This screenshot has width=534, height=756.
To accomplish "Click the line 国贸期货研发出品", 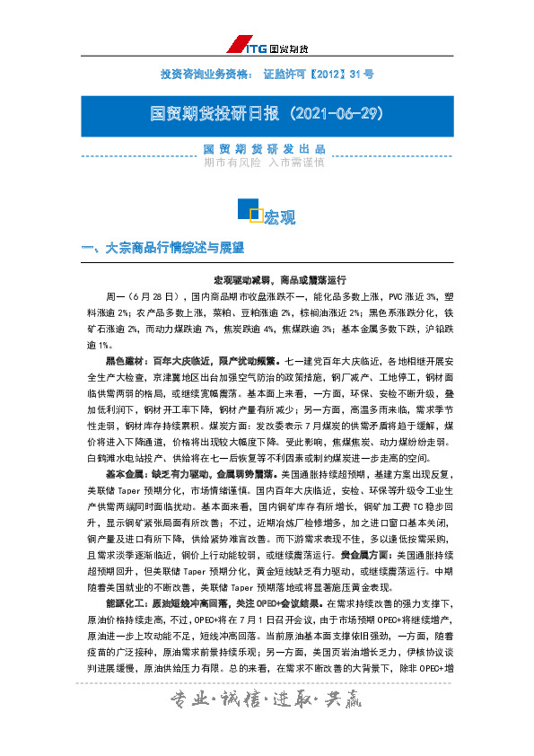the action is click(266, 149).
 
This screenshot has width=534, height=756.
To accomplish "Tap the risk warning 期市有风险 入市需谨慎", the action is click(266, 163).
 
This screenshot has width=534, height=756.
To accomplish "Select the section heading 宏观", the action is click(278, 217).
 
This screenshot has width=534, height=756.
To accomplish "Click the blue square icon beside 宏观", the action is click(248, 210).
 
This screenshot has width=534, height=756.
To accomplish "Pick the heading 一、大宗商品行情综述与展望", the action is click(162, 247).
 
